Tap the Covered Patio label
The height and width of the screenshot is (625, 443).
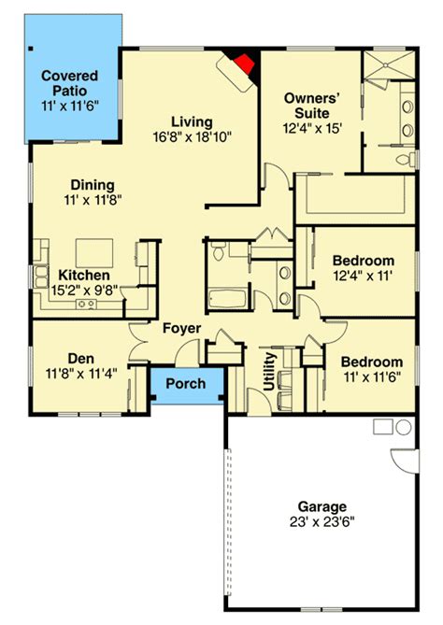pos(70,83)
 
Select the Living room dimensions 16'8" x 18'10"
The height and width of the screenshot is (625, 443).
pos(193,137)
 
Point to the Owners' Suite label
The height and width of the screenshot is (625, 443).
pos(312,106)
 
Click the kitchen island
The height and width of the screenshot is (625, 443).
pos(94,253)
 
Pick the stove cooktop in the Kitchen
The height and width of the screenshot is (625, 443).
pos(87,305)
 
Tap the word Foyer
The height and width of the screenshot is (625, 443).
pos(182,329)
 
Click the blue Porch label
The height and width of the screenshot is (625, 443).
pos(186,383)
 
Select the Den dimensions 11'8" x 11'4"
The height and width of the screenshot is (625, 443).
pos(81,374)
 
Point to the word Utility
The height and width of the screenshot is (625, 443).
pos(270,371)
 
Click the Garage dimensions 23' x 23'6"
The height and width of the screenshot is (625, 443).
pos(322,521)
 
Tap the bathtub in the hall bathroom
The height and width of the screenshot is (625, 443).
pos(227,299)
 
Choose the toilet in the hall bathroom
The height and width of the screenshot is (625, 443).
pos(218,252)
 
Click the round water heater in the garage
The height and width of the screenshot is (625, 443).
pos(404,427)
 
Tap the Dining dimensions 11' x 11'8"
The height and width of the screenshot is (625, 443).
pos(93,200)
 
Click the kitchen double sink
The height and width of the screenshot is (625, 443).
pos(41,277)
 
